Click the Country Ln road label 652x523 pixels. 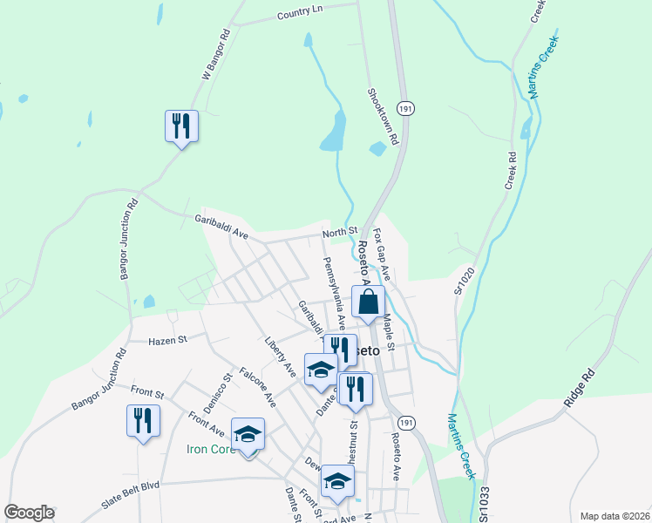click(300, 11)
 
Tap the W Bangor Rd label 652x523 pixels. click(214, 56)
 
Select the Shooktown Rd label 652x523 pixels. click(382, 115)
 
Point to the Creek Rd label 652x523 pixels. click(512, 172)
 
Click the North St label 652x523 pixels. click(340, 231)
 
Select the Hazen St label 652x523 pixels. click(169, 341)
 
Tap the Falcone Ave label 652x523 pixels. click(257, 387)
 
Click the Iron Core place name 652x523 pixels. click(210, 450)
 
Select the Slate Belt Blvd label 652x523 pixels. click(132, 486)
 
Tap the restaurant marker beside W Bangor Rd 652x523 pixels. click(181, 126)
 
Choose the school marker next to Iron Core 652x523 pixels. click(248, 434)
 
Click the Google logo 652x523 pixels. click(30, 513)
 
